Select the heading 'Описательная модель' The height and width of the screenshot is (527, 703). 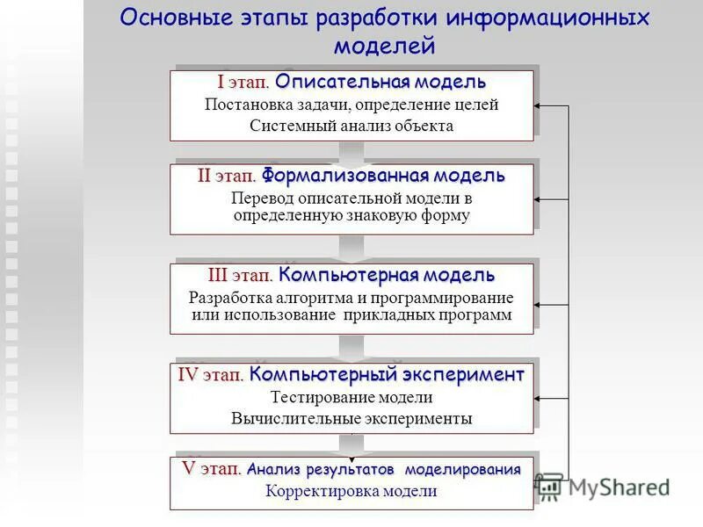coord(380,83)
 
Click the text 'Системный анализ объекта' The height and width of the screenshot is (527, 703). coord(351,126)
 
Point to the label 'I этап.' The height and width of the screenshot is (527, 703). coord(243,83)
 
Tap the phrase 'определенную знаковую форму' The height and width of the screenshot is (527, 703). coord(351,215)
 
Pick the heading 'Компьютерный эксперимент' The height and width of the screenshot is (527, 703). coord(387,375)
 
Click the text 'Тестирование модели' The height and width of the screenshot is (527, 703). coord(351,398)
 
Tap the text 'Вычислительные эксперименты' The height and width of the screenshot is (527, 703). coord(351,418)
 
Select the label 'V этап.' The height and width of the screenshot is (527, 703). coord(211,469)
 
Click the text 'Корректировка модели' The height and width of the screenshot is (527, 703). coord(351,491)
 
